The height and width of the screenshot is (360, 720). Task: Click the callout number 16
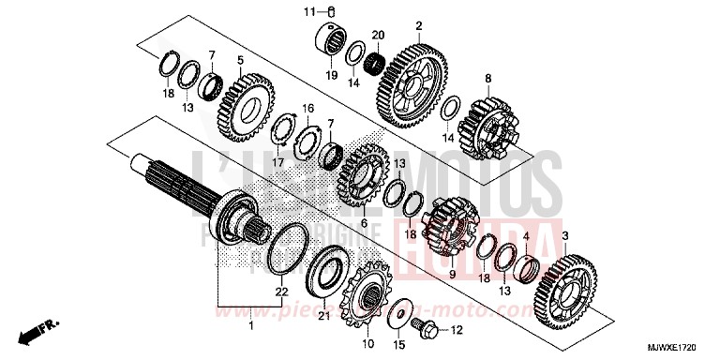pyautogui.click(x=308, y=109)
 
